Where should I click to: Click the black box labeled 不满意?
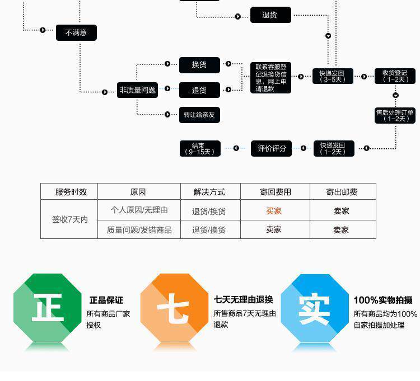click(x=76, y=32)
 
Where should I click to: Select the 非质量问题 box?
click(x=137, y=90)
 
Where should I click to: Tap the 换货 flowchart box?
click(x=199, y=65)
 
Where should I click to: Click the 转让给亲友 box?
click(x=199, y=115)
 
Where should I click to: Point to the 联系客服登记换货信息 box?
click(x=271, y=77)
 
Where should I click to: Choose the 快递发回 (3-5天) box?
click(x=333, y=76)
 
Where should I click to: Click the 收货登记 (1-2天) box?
click(x=395, y=76)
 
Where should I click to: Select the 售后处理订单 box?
click(x=395, y=115)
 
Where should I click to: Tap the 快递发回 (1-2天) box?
click(x=333, y=148)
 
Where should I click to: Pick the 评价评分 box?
click(x=272, y=148)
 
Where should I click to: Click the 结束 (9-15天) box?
click(x=200, y=148)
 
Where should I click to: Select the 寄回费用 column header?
click(x=275, y=192)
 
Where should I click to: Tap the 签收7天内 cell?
click(x=69, y=219)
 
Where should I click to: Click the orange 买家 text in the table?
click(x=274, y=211)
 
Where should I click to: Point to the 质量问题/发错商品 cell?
click(x=139, y=229)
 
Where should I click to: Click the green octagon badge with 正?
click(x=48, y=308)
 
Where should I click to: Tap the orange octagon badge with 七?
click(x=174, y=308)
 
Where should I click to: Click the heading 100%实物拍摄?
click(x=382, y=300)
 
